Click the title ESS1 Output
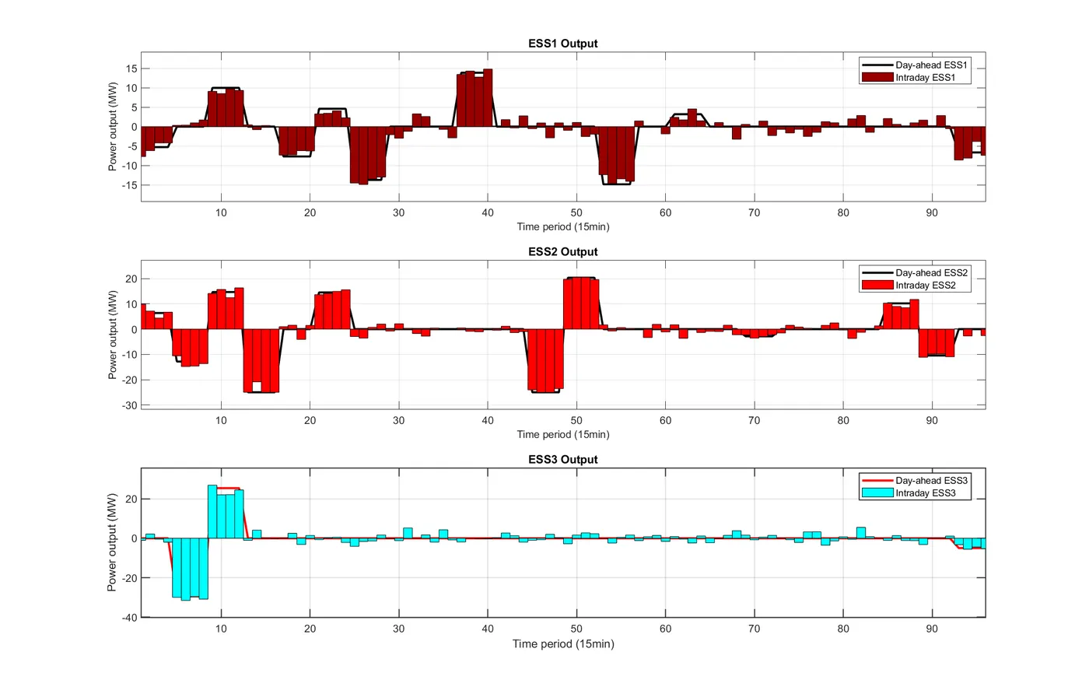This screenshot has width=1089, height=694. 562,44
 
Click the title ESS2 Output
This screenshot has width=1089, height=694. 562,251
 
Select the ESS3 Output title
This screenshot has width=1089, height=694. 562,459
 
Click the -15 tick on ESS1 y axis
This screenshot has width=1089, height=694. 128,185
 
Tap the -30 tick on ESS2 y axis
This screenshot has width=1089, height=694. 128,405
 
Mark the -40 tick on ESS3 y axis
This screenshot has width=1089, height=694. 128,618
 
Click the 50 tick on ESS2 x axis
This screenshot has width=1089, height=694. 576,420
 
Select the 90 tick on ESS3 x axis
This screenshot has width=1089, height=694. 932,629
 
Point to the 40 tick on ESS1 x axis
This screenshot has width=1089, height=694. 488,212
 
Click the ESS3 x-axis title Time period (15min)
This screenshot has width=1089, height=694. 562,643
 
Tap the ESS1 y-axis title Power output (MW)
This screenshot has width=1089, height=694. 113,127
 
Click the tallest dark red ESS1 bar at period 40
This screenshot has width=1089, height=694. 488,97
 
